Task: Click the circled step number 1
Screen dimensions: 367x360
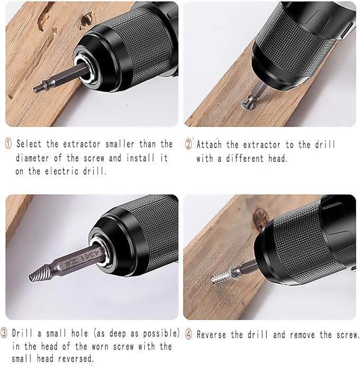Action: pos(9,144)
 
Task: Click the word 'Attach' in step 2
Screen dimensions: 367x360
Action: pos(210,144)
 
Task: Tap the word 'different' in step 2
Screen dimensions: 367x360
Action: pos(248,158)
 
